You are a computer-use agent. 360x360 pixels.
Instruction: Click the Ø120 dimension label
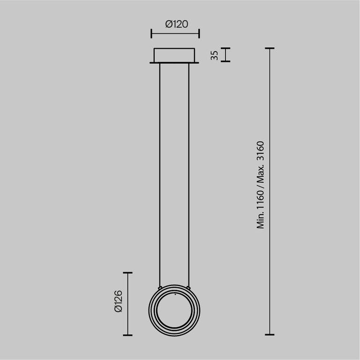tap(175, 24)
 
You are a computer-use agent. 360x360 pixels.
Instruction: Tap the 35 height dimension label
tap(214, 55)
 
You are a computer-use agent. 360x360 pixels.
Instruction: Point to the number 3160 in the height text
tap(261, 152)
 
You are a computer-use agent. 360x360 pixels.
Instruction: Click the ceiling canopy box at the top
tap(175, 55)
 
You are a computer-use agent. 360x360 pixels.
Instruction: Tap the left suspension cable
tap(160, 173)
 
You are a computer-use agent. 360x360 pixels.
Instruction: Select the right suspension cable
tap(189, 173)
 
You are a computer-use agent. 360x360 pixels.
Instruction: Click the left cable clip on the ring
tap(161, 286)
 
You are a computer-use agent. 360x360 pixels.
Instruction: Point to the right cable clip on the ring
tap(189, 286)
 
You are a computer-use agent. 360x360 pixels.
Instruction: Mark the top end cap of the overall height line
tap(270, 48)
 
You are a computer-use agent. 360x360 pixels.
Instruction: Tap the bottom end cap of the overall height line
tap(270, 335)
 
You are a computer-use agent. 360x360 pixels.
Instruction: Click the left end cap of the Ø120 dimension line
tap(151, 33)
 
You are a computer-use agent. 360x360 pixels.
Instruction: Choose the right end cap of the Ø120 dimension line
tap(199, 33)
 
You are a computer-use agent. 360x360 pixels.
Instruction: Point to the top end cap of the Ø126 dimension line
tap(127, 272)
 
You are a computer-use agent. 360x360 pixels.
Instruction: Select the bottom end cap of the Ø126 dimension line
tap(127, 335)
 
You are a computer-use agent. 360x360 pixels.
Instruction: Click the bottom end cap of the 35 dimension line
tap(226, 61)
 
